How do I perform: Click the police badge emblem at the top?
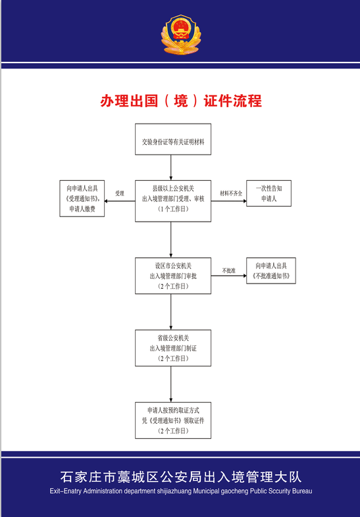click(x=180, y=36)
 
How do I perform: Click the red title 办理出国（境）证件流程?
click(x=180, y=101)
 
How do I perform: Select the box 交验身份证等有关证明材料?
click(x=173, y=139)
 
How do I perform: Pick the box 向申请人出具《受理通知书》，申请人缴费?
click(x=81, y=197)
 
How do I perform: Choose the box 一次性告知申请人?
click(x=269, y=193)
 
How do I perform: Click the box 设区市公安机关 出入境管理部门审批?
click(x=173, y=276)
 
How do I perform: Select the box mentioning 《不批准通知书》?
click(x=270, y=270)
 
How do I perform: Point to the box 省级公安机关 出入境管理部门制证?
click(x=173, y=348)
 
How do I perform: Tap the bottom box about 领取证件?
click(x=173, y=420)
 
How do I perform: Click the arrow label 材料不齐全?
click(x=230, y=193)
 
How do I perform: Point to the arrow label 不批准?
click(x=228, y=270)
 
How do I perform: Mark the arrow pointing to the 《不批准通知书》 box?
click(x=228, y=276)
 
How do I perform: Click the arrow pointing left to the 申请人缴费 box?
click(x=120, y=201)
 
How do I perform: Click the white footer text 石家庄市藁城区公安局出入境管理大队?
click(x=180, y=477)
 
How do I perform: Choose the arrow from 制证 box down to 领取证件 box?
click(x=171, y=384)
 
